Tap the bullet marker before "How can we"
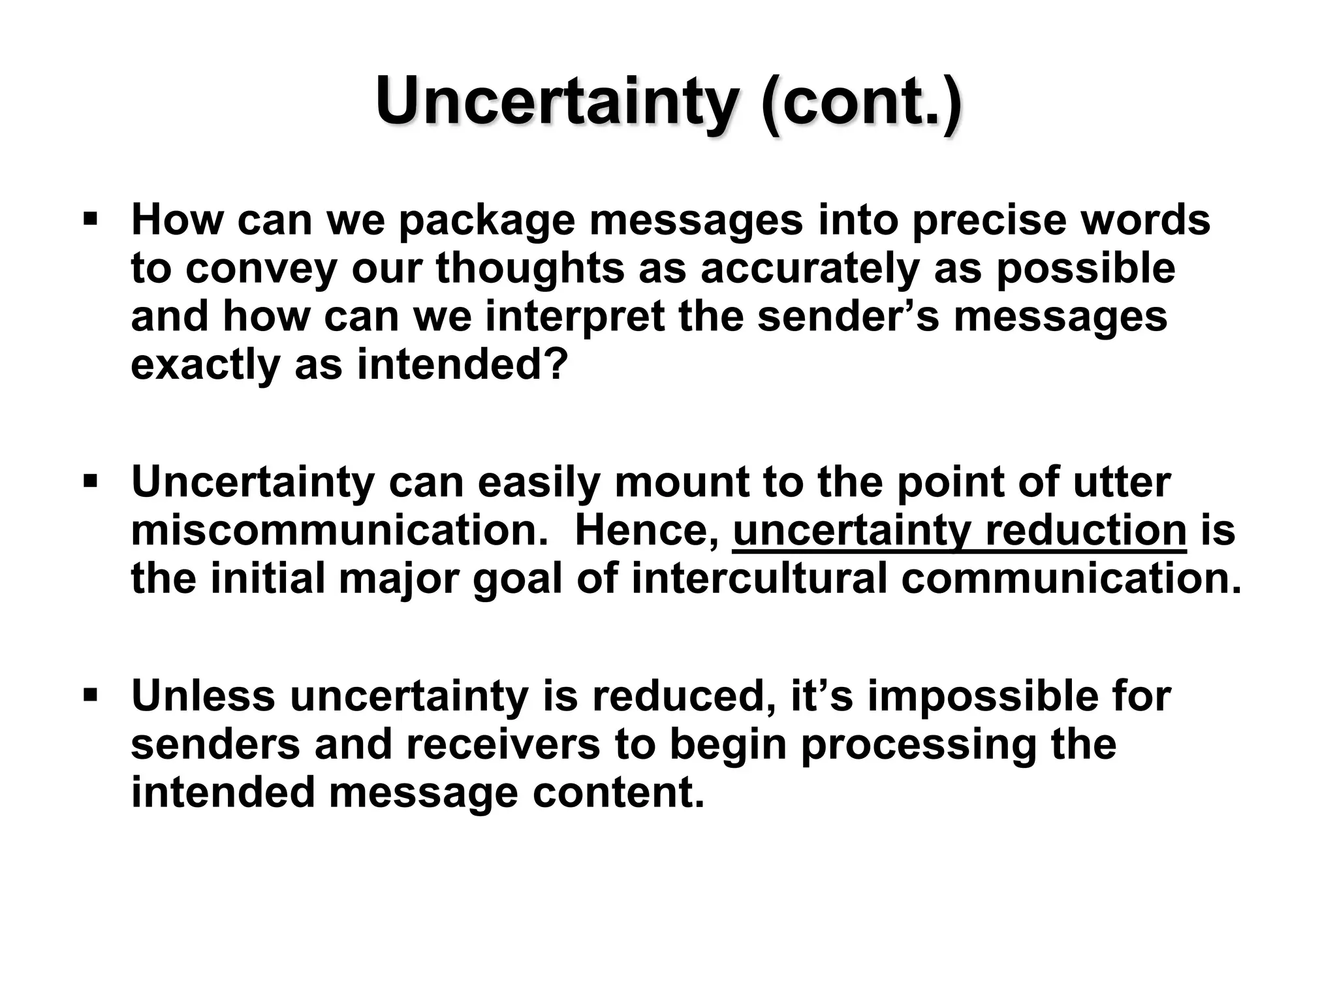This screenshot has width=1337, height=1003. [x=90, y=216]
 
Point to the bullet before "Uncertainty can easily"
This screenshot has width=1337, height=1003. [x=90, y=482]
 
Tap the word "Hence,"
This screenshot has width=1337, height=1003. [x=646, y=532]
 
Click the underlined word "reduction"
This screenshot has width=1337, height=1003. [x=1086, y=530]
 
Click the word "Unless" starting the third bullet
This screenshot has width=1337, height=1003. [x=203, y=696]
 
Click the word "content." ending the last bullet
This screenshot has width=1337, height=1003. [x=618, y=793]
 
